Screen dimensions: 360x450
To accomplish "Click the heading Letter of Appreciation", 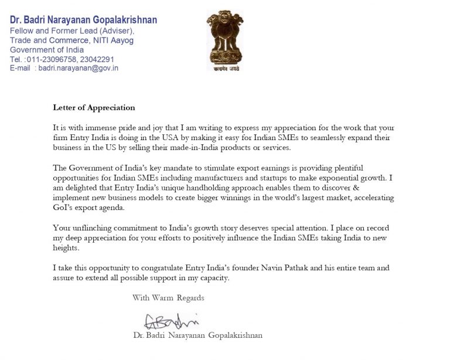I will (x=94, y=108).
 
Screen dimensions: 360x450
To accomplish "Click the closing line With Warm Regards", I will (x=168, y=298).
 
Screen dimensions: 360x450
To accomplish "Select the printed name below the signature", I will (x=197, y=336).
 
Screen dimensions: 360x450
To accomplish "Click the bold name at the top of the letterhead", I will (x=83, y=20).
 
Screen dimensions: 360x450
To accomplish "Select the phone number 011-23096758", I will (x=55, y=59).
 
